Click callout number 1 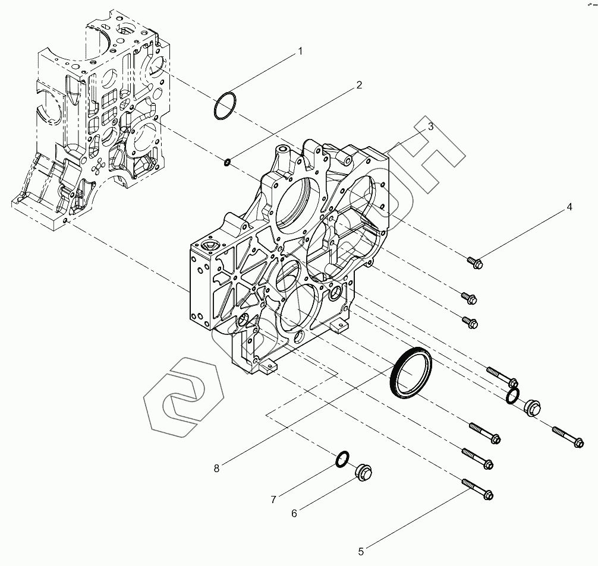coord(300,52)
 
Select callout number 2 coord(359,85)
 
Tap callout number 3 coord(430,127)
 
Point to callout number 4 coord(569,207)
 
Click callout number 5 coord(361,551)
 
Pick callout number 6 coord(294,513)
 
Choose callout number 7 coord(273,499)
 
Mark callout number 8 coord(216,468)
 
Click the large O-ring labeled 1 coord(225,106)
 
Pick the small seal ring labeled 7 coord(342,459)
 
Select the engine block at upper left coord(89,119)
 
